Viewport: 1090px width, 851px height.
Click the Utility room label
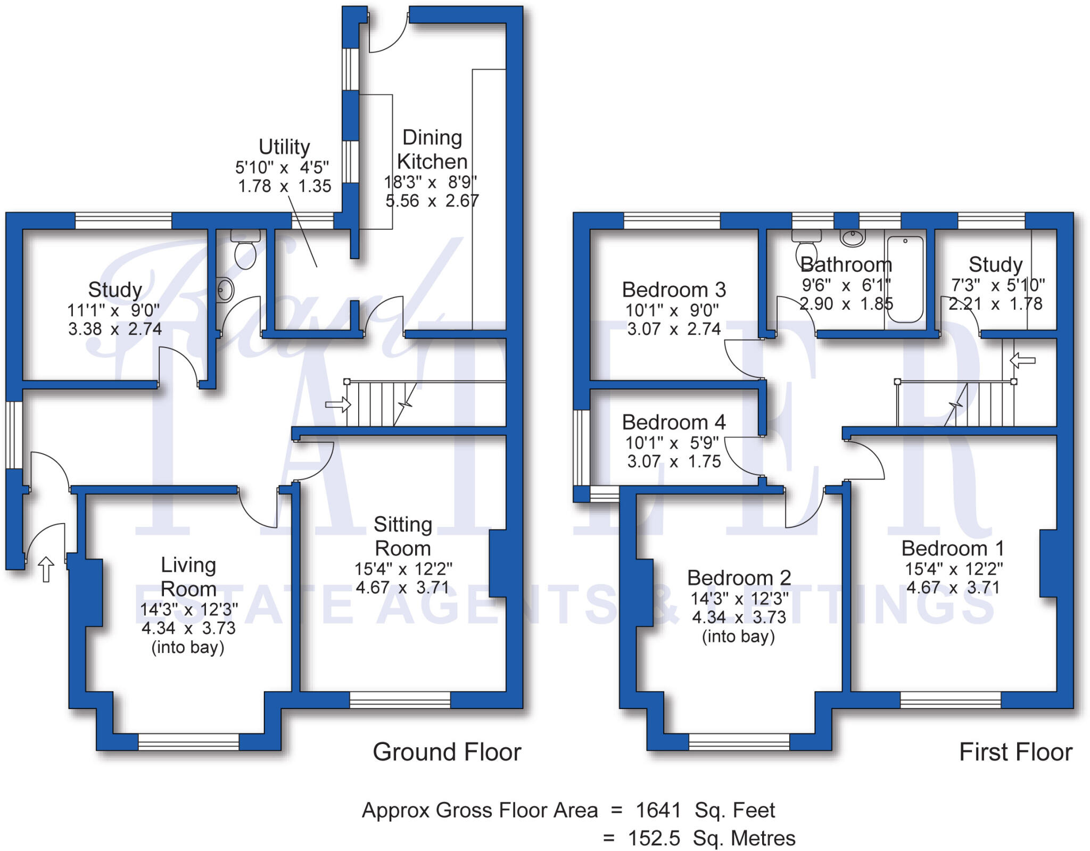(284, 147)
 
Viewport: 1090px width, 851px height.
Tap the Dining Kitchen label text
(432, 150)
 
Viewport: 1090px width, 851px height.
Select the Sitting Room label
(402, 536)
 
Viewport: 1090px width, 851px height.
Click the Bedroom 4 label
(673, 423)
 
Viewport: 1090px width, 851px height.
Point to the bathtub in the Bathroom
(905, 279)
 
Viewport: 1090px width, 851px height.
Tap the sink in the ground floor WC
(226, 290)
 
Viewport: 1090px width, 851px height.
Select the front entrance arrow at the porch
(46, 569)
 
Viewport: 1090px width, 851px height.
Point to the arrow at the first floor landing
(1022, 361)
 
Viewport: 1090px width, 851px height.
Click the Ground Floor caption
(447, 752)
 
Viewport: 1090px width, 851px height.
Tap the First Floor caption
(1015, 752)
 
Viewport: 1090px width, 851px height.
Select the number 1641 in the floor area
(658, 811)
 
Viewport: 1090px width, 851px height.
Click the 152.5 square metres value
(654, 838)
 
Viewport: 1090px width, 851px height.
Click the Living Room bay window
(188, 741)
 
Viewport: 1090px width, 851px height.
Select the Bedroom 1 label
(952, 548)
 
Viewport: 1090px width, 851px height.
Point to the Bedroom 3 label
(673, 290)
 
